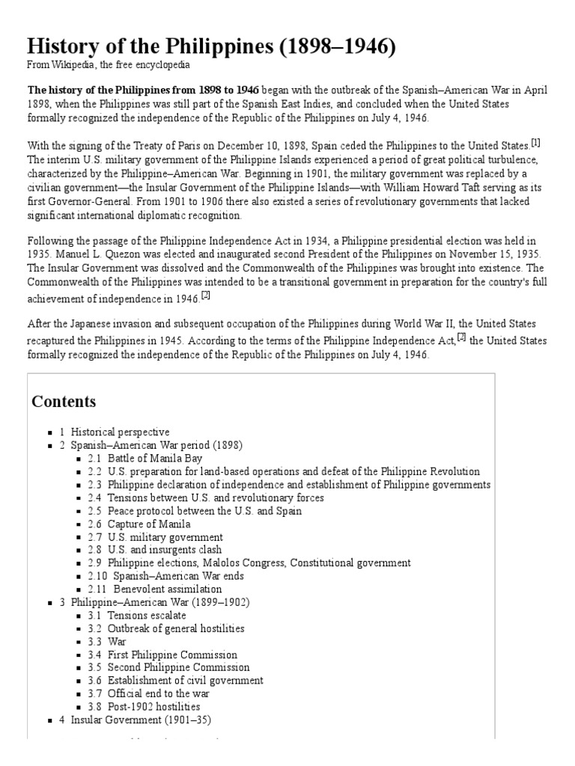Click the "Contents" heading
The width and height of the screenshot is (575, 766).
tap(64, 402)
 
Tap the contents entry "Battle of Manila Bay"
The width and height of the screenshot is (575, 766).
tap(154, 458)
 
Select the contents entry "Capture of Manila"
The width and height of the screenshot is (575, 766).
tap(148, 524)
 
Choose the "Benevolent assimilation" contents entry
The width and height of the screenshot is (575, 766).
tap(167, 589)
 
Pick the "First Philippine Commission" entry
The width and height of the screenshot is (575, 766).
tap(172, 655)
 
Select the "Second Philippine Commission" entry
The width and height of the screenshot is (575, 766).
tap(178, 667)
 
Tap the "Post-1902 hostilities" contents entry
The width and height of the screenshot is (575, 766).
tap(153, 706)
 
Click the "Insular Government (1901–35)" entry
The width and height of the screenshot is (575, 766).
tap(141, 720)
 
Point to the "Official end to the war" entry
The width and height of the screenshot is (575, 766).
tap(159, 693)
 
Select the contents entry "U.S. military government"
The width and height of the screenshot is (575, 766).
tap(165, 537)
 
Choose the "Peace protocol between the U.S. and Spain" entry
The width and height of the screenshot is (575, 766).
tap(204, 511)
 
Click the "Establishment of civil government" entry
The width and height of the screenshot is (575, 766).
tap(185, 681)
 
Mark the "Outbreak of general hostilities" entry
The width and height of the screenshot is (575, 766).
tap(175, 628)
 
